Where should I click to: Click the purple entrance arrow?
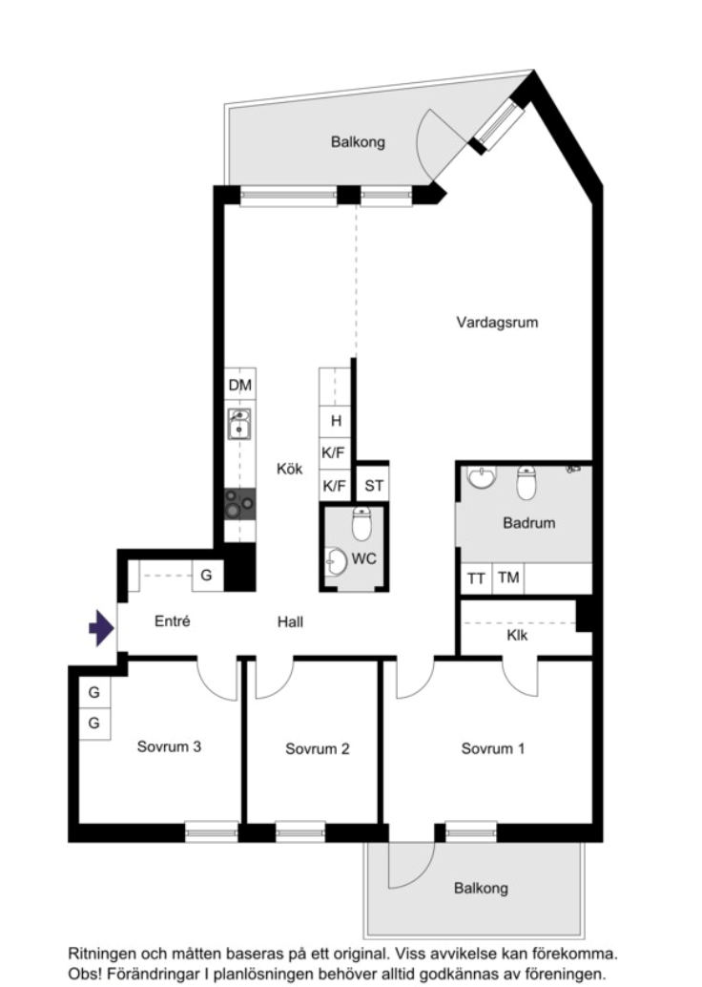101,627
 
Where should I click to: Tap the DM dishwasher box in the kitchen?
240,385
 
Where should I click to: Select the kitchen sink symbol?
239,424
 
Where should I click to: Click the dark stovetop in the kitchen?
240,504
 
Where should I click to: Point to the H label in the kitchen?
336,421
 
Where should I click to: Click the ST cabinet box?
373,485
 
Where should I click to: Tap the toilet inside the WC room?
361,524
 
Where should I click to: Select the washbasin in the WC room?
336,561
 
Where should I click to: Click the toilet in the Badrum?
526,482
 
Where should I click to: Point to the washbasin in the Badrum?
482,476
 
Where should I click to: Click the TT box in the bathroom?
476,577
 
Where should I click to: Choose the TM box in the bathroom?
508,577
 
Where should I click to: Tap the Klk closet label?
517,635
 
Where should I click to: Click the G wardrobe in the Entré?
207,576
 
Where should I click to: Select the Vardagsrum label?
497,323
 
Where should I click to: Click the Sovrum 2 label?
317,748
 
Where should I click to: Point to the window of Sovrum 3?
212,832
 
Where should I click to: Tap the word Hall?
290,622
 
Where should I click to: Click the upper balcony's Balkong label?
358,142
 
